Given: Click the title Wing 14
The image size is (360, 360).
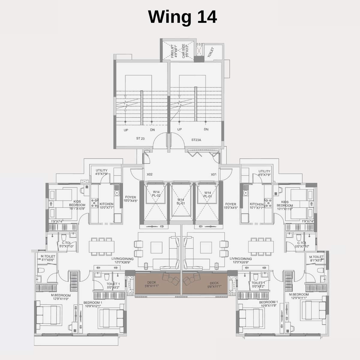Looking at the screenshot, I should coord(182,17).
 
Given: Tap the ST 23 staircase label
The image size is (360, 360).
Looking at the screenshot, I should coord(140,139).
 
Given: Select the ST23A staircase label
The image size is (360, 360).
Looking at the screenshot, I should coord(196,140).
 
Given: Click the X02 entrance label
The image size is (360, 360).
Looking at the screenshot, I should coord(150,174).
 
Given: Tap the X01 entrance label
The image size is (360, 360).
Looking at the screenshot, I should coord(214,174).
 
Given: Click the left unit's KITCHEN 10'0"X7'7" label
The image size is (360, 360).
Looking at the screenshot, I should coord(106,205).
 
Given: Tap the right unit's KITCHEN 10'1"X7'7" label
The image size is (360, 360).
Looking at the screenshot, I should coord(256,205).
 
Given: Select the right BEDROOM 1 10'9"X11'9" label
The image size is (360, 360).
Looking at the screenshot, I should coord(268,304).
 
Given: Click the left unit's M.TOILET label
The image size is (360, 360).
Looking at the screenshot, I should coord(47,258).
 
